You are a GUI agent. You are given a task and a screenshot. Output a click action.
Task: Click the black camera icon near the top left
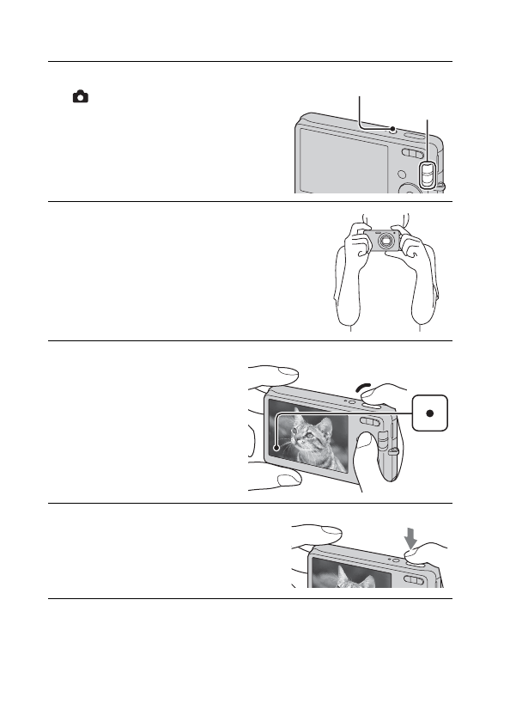coord(79,98)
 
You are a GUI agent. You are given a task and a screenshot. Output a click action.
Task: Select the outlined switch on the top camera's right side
coord(426,175)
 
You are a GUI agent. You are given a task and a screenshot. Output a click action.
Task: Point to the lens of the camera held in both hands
coord(386,241)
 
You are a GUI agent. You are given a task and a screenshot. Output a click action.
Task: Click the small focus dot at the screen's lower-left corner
coord(276,447)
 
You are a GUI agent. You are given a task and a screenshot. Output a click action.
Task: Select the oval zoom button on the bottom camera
coord(414,581)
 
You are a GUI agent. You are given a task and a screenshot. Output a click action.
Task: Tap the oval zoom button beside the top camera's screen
coord(410,154)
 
